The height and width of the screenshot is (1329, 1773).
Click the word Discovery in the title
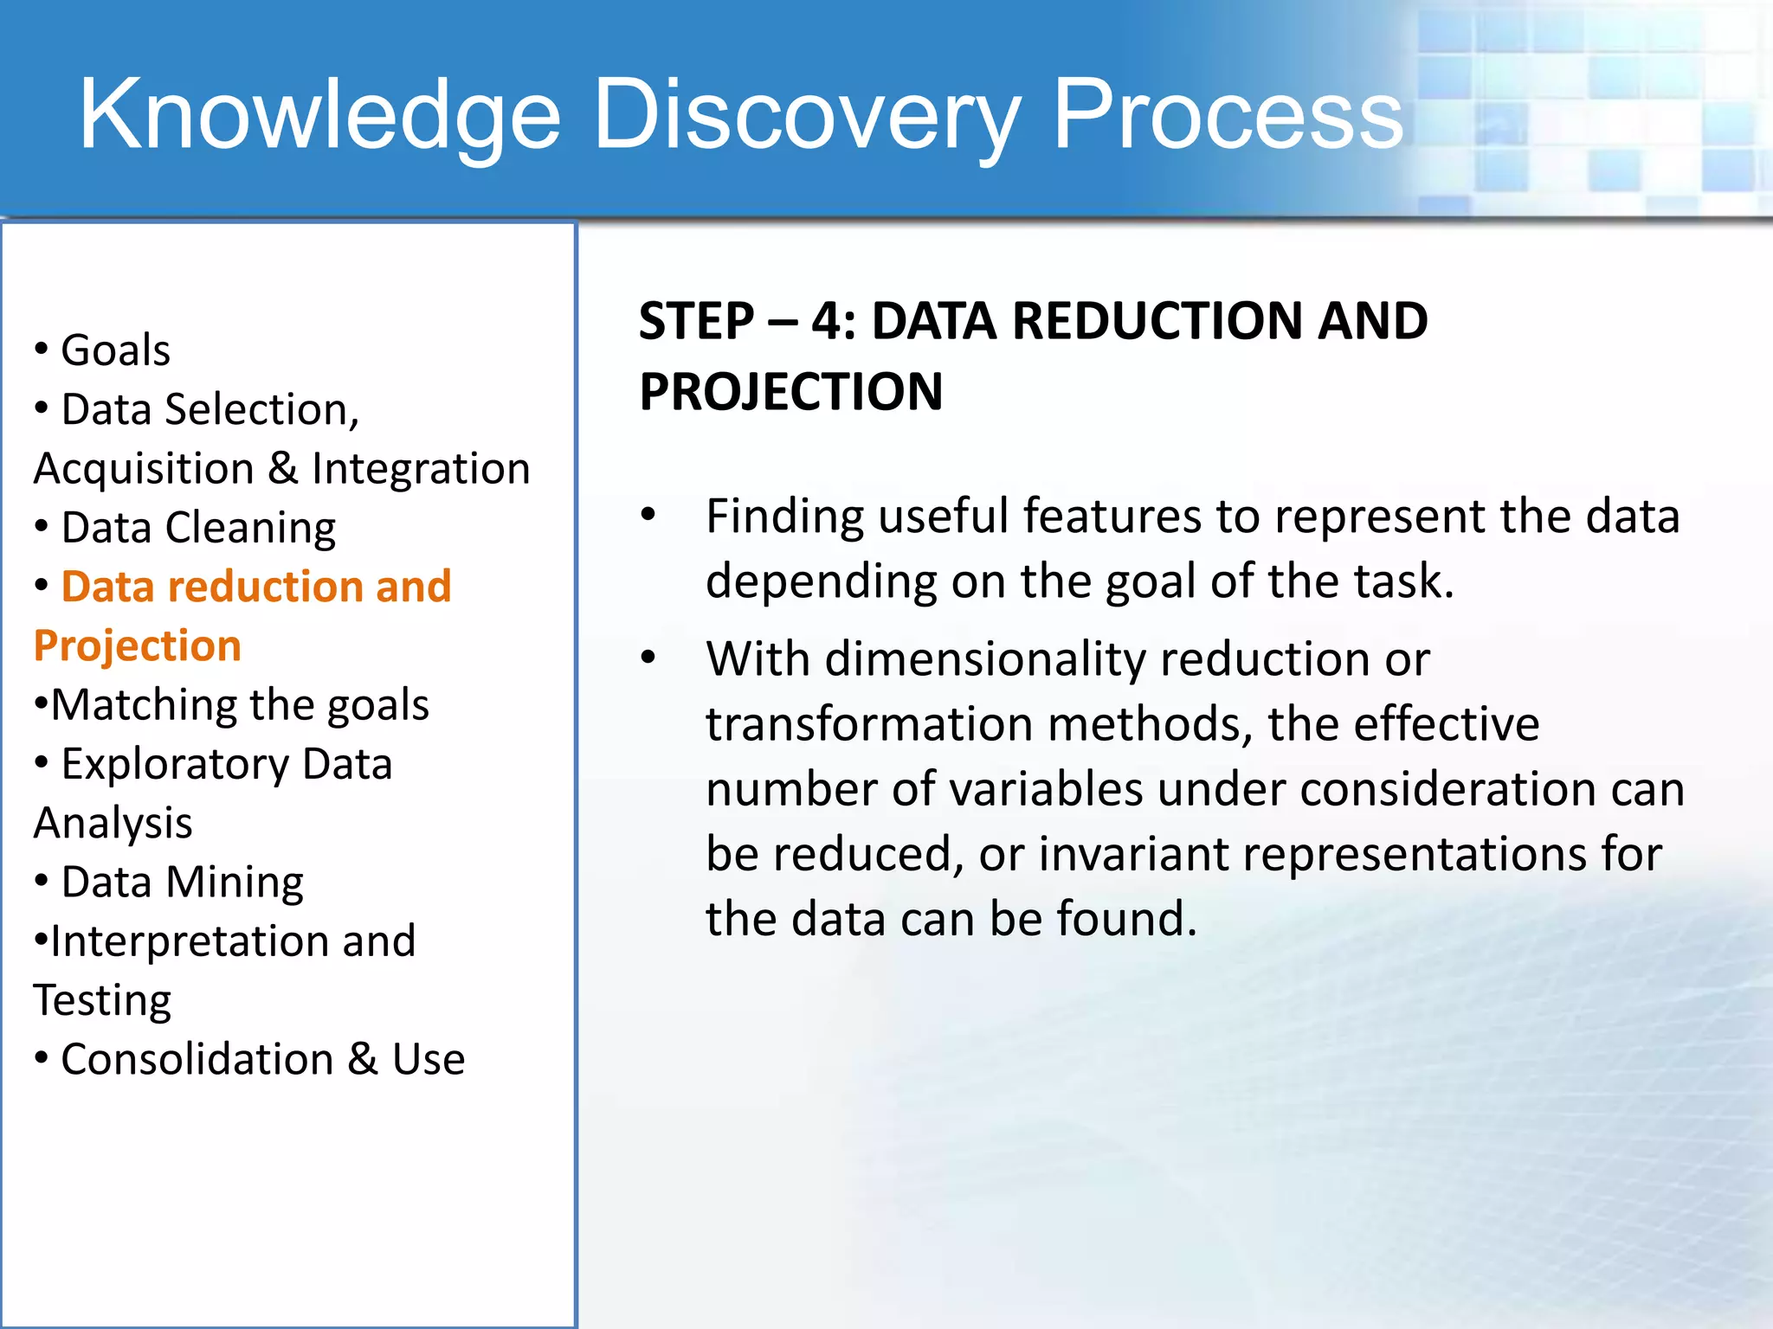(805, 114)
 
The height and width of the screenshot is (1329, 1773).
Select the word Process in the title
(1227, 114)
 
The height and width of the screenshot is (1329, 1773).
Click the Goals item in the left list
(115, 350)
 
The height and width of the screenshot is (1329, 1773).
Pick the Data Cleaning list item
(198, 528)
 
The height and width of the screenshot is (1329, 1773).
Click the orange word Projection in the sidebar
(137, 646)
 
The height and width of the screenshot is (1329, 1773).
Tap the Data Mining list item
(182, 883)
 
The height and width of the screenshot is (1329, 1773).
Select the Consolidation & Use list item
(262, 1060)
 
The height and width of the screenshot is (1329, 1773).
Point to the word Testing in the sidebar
(102, 1001)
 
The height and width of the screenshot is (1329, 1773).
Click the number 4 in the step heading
(829, 322)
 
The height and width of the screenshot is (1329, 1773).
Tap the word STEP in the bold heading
(696, 322)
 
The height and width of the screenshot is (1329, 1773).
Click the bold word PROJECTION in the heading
(790, 392)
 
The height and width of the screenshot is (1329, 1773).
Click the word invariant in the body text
(1133, 854)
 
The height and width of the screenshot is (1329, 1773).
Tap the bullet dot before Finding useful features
(648, 516)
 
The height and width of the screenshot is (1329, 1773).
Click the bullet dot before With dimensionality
(648, 658)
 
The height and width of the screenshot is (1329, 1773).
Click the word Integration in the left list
(421, 469)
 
